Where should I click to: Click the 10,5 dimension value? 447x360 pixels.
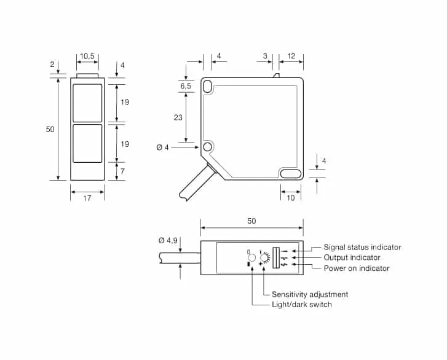[87, 56]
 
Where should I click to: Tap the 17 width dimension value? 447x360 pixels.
[87, 198]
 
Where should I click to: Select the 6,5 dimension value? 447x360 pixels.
[186, 86]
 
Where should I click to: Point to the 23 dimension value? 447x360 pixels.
[178, 117]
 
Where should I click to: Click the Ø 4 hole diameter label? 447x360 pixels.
[162, 147]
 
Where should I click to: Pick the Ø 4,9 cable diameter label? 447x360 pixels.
[168, 241]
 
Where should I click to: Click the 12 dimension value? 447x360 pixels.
[291, 56]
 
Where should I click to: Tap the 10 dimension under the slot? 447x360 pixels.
[290, 198]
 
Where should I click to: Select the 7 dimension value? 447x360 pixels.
[122, 171]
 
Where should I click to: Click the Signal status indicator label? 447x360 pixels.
[362, 247]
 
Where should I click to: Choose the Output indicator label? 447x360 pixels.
[352, 257]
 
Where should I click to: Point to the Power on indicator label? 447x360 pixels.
[357, 268]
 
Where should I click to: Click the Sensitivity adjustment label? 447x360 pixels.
[310, 294]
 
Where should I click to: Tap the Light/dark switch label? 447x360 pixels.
[302, 305]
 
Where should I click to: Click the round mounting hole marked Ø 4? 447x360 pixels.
[208, 147]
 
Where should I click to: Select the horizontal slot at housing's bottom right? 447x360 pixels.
[290, 173]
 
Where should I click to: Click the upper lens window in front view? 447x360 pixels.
[87, 103]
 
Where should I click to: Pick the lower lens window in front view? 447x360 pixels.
[87, 143]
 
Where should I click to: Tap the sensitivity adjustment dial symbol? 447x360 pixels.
[264, 258]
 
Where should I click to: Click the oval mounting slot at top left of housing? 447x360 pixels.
[208, 86]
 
